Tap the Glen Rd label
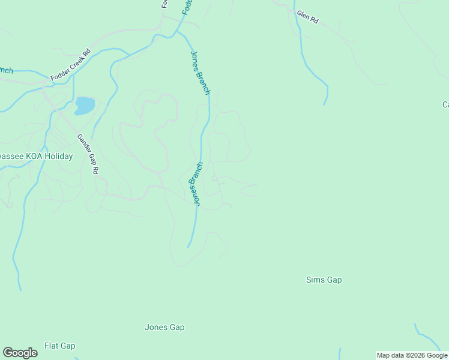pyautogui.click(x=307, y=17)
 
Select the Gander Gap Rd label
pyautogui.click(x=88, y=154)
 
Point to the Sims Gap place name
pyautogui.click(x=324, y=280)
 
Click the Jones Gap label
pyautogui.click(x=164, y=328)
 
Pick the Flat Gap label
pyautogui.click(x=60, y=346)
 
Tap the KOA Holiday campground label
pyautogui.click(x=36, y=157)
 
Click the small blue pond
pyautogui.click(x=84, y=106)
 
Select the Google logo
pyautogui.click(x=20, y=353)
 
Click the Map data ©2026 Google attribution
pyautogui.click(x=412, y=355)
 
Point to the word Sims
pyautogui.click(x=315, y=280)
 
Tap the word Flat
pyautogui.click(x=52, y=346)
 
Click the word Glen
pyautogui.click(x=303, y=14)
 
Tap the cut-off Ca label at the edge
pyautogui.click(x=445, y=105)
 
